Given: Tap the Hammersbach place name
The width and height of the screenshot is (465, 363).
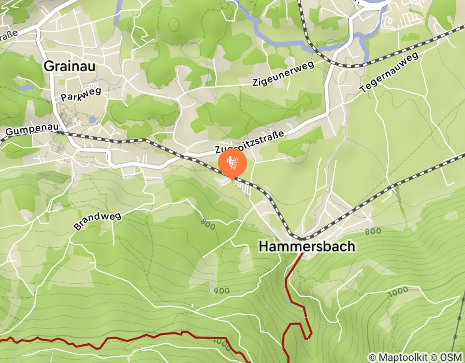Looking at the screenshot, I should [x=307, y=246].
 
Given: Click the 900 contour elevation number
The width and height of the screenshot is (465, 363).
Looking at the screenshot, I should [x=221, y=290].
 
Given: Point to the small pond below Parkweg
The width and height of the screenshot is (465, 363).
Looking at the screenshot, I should [x=92, y=120].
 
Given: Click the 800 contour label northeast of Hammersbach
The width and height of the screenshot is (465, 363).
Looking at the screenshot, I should [x=373, y=231].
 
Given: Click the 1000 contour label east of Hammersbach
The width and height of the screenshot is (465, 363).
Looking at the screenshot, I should [x=398, y=291].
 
